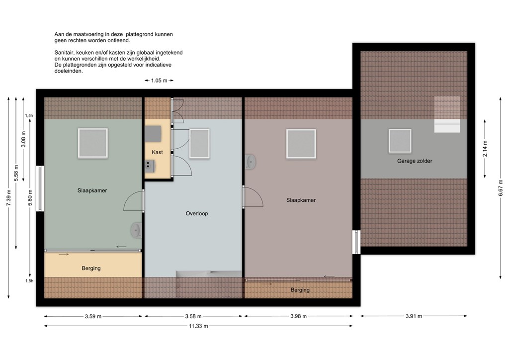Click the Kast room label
click(157, 152)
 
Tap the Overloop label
click(197, 213)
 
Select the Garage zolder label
click(415, 161)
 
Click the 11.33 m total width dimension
click(198, 326)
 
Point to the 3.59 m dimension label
click(93, 316)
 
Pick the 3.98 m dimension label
click(298, 316)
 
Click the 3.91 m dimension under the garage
click(414, 316)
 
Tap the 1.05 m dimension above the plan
click(159, 81)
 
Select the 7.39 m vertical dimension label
click(9, 197)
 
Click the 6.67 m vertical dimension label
click(502, 187)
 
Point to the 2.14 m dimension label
click(485, 149)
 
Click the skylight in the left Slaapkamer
click(93, 143)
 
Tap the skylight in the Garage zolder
click(400, 141)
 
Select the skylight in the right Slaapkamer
click(301, 144)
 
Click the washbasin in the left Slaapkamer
click(136, 230)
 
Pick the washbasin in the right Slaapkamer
click(251, 161)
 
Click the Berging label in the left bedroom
click(91, 268)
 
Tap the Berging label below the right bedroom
click(300, 290)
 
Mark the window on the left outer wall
click(40, 188)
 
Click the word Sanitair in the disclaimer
click(64, 53)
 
